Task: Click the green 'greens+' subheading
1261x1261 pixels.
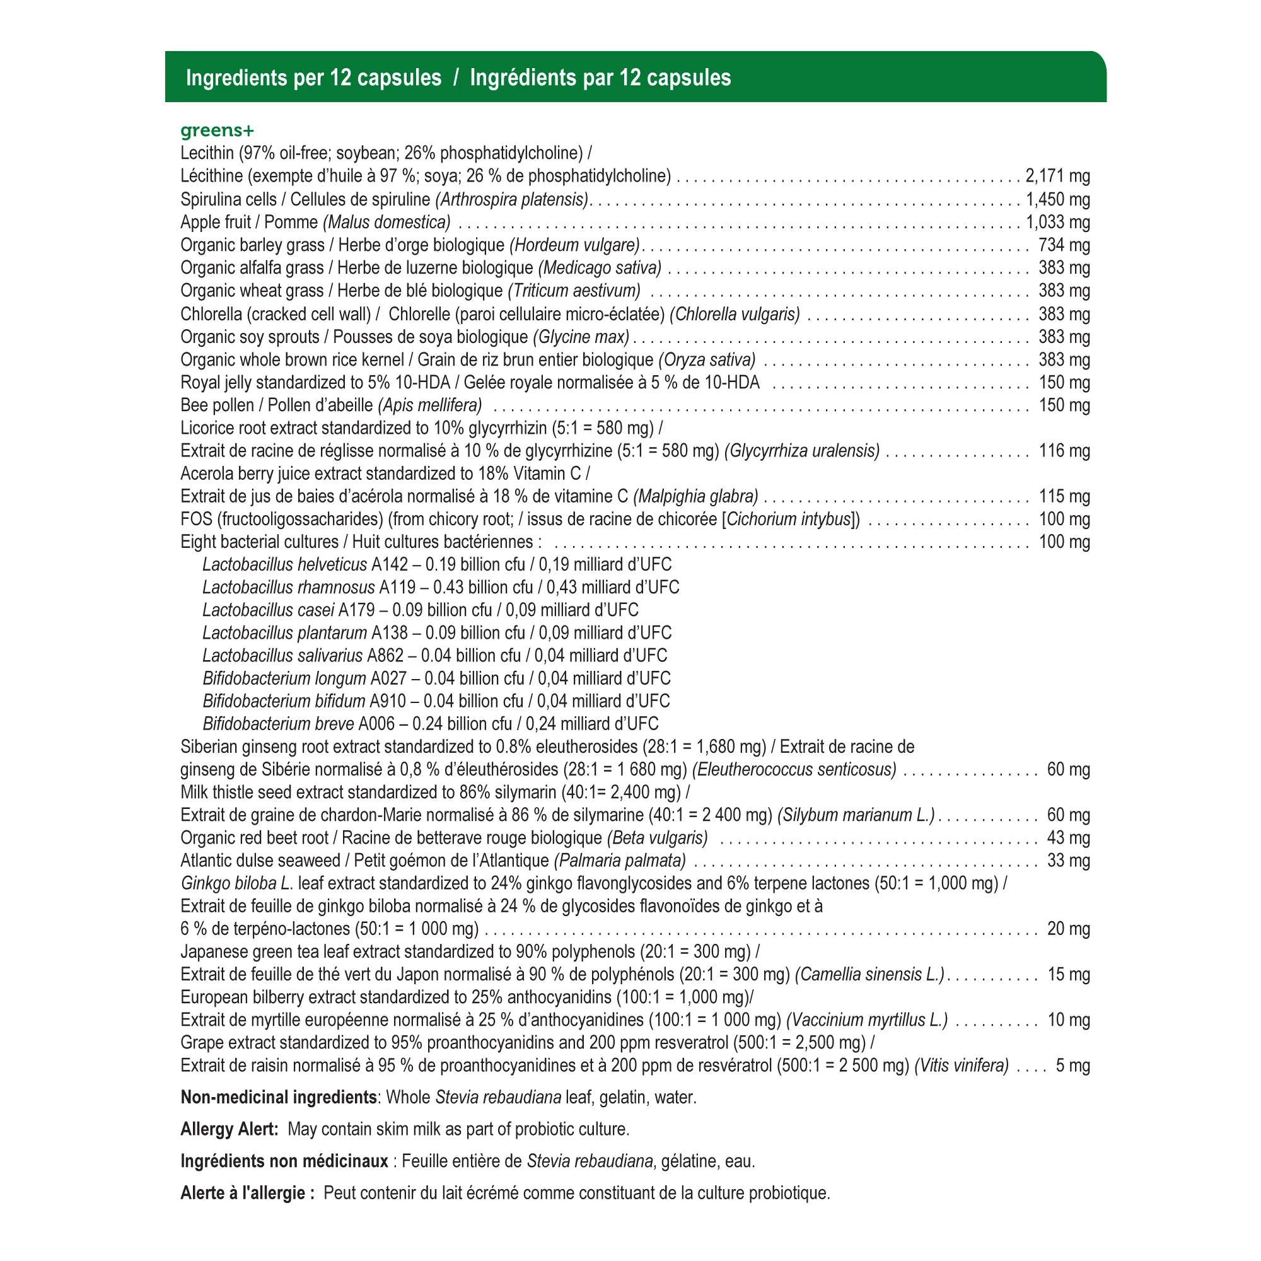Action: click(x=217, y=131)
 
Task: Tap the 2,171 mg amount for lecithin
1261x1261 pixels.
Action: click(x=1057, y=177)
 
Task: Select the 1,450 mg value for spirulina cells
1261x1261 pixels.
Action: click(x=1057, y=199)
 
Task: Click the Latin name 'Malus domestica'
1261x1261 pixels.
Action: click(x=386, y=223)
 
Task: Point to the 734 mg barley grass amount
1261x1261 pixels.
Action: click(x=1064, y=245)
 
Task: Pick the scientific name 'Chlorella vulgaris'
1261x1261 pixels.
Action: click(x=735, y=315)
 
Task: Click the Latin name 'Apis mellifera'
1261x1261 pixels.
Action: click(x=429, y=405)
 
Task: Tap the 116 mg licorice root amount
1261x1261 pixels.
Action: click(x=1064, y=451)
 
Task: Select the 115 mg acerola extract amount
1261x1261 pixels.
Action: click(x=1064, y=497)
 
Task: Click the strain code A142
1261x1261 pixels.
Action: click(x=390, y=564)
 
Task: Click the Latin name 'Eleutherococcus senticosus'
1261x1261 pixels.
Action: click(x=794, y=769)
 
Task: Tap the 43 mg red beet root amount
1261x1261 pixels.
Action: click(x=1068, y=838)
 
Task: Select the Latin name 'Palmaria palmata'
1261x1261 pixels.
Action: click(x=620, y=861)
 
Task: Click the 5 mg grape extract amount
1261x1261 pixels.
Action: click(x=1072, y=1066)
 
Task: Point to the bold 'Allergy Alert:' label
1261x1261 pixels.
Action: click(x=230, y=1129)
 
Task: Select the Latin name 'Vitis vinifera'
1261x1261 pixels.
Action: click(x=962, y=1066)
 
